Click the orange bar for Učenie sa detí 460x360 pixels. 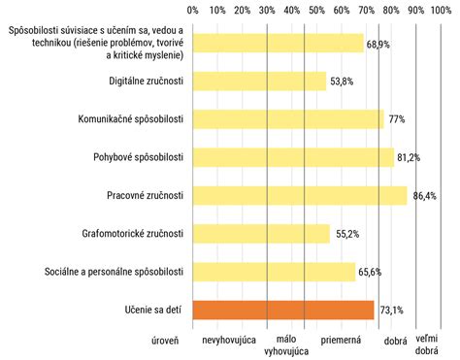(x=283, y=310)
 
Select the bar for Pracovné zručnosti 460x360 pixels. (x=300, y=195)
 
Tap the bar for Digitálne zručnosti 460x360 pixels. (x=260, y=82)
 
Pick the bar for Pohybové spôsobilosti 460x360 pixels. (x=293, y=157)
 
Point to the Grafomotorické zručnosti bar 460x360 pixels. (x=262, y=233)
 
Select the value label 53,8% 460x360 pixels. (x=343, y=82)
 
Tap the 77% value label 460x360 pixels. (x=397, y=119)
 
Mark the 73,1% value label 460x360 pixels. (x=390, y=311)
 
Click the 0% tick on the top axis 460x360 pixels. (x=193, y=10)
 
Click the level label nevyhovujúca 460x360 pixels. (x=229, y=341)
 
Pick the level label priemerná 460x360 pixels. (x=341, y=341)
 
